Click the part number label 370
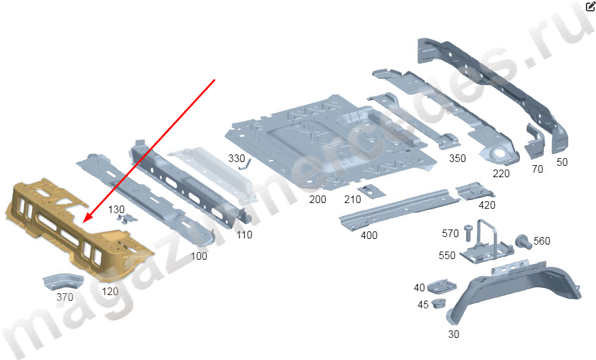(x=65, y=297)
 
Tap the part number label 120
(x=110, y=291)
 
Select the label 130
(x=117, y=209)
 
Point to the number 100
(x=199, y=257)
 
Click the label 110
(x=244, y=235)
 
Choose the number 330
(x=237, y=158)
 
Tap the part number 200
(x=318, y=199)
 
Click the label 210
(x=353, y=200)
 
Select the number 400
(x=369, y=235)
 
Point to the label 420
(x=487, y=205)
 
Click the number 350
(x=457, y=158)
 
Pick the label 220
(x=501, y=174)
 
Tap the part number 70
(x=537, y=169)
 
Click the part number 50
(x=562, y=162)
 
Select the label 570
(x=450, y=234)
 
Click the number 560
(x=542, y=241)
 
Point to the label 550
(x=447, y=255)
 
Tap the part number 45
(x=423, y=305)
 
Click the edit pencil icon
(x=590, y=7)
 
